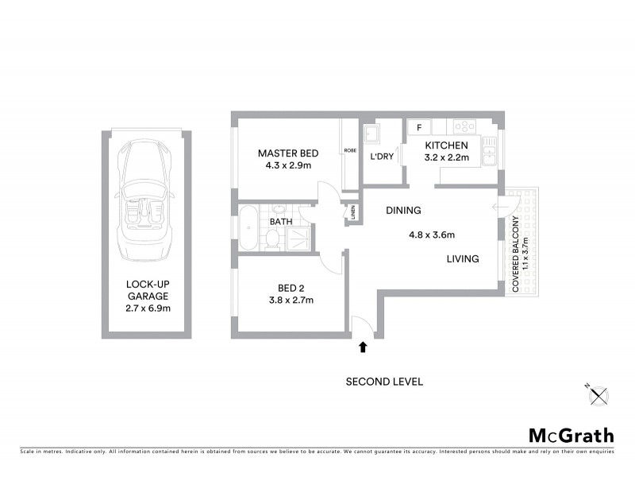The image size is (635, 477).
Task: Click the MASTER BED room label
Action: (x=289, y=153)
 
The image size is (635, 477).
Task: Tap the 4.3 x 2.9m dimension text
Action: (x=289, y=166)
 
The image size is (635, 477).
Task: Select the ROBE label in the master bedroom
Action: (x=349, y=151)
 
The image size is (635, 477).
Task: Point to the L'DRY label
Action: (x=382, y=157)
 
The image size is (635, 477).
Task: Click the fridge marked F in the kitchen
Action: (x=418, y=127)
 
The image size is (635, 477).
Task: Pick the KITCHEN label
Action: (x=447, y=145)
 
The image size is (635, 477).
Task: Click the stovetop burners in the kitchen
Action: (x=464, y=126)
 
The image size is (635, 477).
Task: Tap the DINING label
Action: (x=403, y=211)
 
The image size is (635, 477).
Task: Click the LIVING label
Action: (x=462, y=258)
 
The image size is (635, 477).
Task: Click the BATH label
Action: (x=281, y=222)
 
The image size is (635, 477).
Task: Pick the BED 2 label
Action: (x=291, y=288)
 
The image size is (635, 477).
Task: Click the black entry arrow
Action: (x=364, y=347)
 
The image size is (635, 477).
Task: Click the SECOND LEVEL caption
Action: (x=384, y=382)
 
